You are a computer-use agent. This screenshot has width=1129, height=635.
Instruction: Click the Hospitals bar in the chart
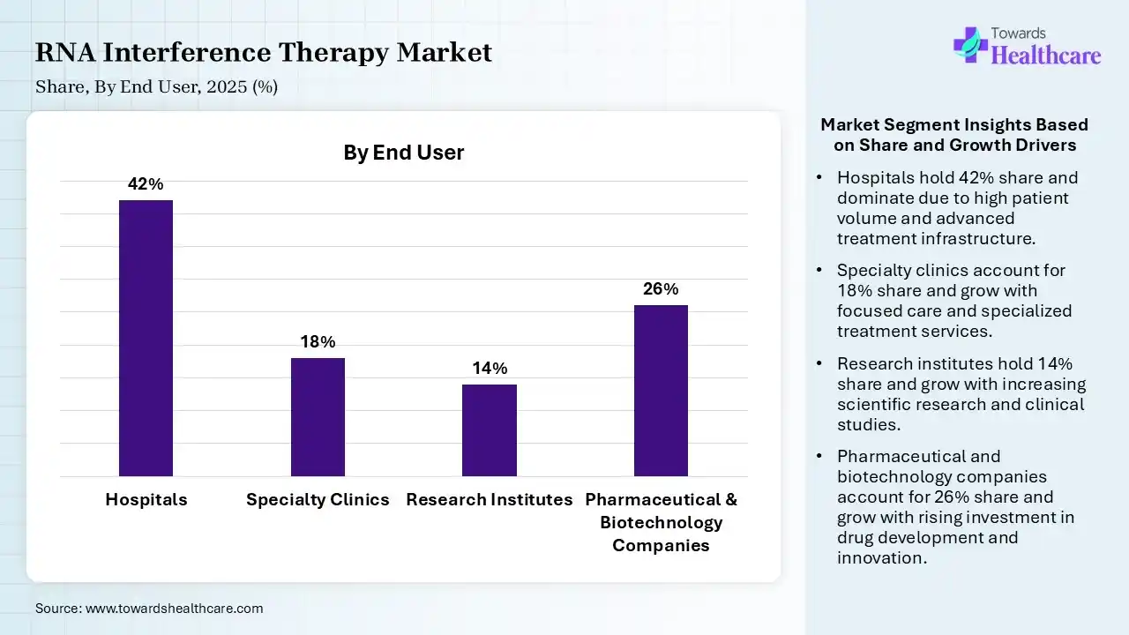[146, 338]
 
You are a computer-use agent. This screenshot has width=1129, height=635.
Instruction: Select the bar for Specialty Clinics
[318, 416]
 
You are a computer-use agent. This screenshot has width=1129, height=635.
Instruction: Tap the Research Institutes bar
[490, 430]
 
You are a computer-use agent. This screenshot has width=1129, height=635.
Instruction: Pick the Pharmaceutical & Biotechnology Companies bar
[661, 390]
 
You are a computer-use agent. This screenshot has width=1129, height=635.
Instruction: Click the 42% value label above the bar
[146, 184]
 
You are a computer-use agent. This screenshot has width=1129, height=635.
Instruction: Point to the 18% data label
[318, 342]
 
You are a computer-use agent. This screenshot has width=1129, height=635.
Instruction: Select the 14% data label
[490, 369]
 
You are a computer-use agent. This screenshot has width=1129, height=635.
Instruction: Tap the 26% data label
[661, 289]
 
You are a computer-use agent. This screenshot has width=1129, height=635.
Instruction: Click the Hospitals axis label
[146, 499]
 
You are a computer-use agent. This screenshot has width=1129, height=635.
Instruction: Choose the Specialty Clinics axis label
[318, 499]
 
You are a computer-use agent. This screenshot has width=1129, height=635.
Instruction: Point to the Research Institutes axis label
[490, 499]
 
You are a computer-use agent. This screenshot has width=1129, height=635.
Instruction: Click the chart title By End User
[403, 153]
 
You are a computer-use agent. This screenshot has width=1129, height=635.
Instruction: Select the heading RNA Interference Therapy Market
[264, 53]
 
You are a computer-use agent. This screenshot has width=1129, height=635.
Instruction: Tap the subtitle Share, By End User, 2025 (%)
[157, 86]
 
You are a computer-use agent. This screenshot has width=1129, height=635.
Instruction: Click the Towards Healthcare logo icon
[970, 44]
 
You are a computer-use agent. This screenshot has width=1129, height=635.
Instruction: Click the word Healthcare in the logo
[1046, 56]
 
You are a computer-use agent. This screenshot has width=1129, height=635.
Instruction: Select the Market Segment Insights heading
[954, 135]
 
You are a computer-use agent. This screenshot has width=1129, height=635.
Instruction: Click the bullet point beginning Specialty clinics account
[954, 301]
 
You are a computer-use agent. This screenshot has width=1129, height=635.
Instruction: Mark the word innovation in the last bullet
[879, 558]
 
